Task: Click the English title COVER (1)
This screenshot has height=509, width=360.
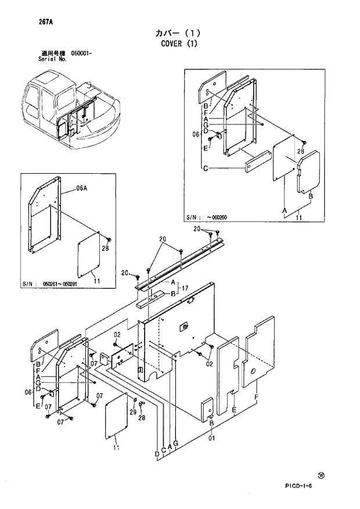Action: point(179,44)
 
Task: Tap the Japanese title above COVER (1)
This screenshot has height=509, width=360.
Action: point(179,33)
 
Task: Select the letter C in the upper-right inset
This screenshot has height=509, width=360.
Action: point(206,169)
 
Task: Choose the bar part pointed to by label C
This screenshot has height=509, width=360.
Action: point(257,161)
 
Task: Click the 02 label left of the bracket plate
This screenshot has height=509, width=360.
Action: point(117,335)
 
